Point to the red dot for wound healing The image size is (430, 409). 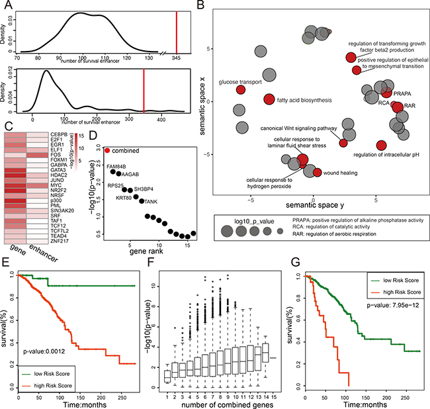pos(317,173)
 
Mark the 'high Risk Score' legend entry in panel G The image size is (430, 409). pos(394,293)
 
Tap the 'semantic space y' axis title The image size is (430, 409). pos(313,199)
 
